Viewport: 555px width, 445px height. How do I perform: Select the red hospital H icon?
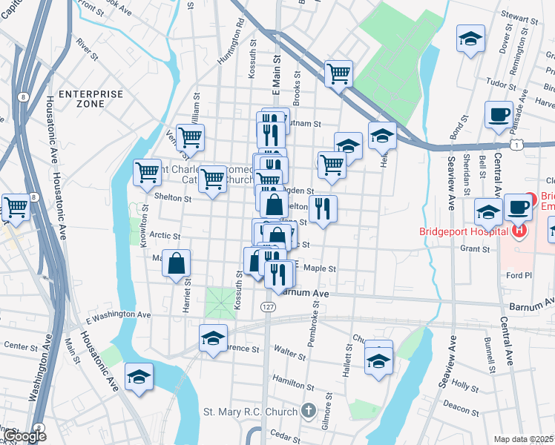click(x=519, y=231)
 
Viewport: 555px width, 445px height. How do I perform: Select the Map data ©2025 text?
click(x=523, y=439)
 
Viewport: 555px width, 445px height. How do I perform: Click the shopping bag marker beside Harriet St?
click(x=177, y=263)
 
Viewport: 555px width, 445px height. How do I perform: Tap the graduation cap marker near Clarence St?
click(x=213, y=339)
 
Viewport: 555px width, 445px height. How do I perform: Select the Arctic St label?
click(x=165, y=236)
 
